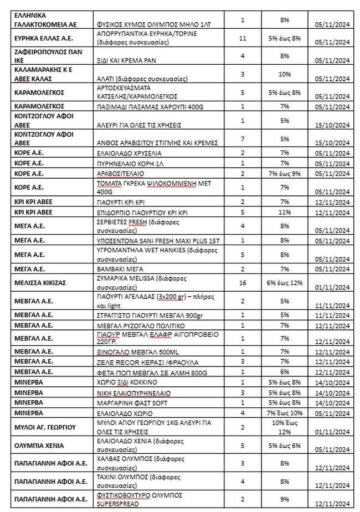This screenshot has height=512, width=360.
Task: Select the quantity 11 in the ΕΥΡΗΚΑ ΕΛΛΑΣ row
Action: click(x=243, y=38)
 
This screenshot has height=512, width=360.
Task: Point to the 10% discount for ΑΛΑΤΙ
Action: click(x=285, y=74)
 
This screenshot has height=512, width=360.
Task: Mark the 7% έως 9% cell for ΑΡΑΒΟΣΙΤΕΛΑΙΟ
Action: click(x=285, y=173)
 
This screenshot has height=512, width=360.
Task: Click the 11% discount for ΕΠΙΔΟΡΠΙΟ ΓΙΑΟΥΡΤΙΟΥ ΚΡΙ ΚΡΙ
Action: click(x=285, y=212)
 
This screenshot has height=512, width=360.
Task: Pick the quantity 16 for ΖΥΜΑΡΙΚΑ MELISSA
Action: click(x=243, y=282)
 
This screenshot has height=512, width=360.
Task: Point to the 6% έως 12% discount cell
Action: click(x=285, y=282)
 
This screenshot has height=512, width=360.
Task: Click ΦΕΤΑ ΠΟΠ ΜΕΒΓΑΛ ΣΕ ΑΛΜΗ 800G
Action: click(x=146, y=371)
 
